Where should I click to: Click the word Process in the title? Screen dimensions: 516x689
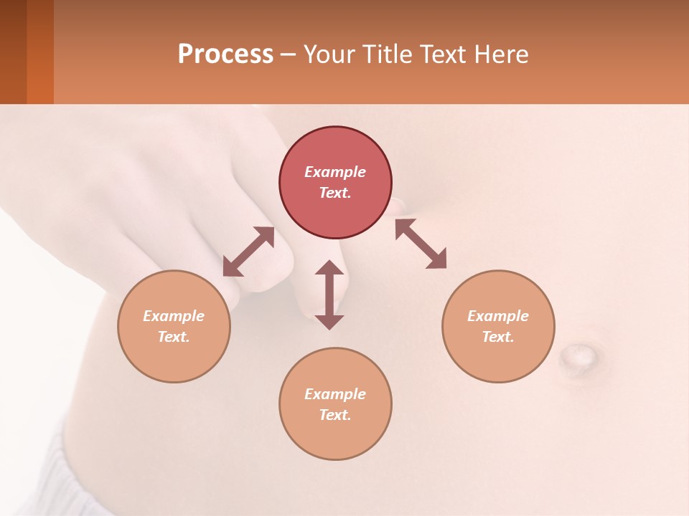click(x=225, y=54)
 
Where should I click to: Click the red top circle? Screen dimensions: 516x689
click(x=335, y=150)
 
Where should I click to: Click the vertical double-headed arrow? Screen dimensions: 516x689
click(x=329, y=295)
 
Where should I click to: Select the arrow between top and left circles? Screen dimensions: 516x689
click(x=248, y=252)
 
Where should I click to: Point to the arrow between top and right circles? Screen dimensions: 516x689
click(x=421, y=244)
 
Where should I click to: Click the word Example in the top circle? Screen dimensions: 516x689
click(x=335, y=172)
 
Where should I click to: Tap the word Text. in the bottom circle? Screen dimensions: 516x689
click(x=335, y=415)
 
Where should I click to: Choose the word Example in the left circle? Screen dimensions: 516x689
click(x=174, y=316)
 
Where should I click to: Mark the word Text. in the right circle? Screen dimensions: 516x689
click(x=498, y=337)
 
